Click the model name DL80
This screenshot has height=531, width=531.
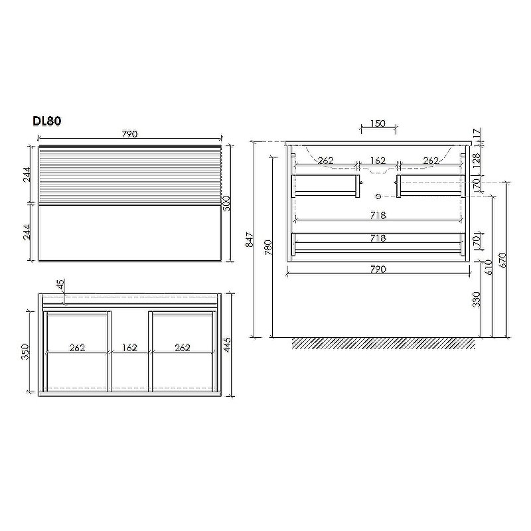tap(46, 121)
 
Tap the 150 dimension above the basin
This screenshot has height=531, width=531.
tap(378, 123)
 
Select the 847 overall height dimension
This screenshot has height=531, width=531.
tap(250, 240)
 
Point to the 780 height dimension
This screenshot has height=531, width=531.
tap(268, 247)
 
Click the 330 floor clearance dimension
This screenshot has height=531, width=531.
tap(476, 299)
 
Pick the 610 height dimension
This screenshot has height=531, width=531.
tap(488, 267)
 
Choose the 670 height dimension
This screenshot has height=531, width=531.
tap(502, 260)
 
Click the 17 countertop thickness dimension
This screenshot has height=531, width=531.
tap(476, 133)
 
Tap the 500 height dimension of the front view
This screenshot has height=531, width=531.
tap(227, 203)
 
